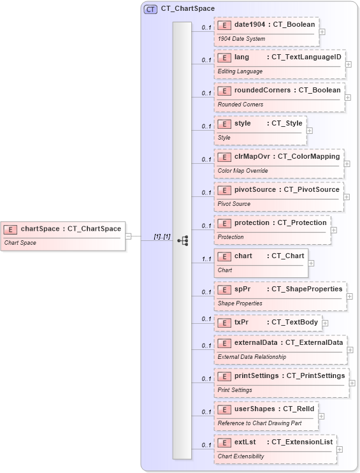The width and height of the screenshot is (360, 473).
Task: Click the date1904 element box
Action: pos(266,31)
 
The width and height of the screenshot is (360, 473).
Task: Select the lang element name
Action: pos(241,57)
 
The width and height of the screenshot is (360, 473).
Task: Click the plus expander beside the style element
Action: pos(310,130)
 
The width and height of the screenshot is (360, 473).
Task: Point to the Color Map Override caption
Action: pos(243,171)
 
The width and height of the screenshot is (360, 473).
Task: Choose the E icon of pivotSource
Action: pos(224,190)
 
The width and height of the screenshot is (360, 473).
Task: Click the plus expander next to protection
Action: pos(334,229)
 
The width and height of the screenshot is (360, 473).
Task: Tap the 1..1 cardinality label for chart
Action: pos(206,259)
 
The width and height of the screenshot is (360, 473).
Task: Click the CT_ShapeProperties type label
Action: pos(307,289)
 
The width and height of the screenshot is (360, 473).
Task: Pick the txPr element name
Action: pos(241,323)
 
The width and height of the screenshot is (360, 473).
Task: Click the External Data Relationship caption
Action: pos(252,357)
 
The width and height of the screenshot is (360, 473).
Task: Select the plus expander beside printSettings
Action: pos(352,382)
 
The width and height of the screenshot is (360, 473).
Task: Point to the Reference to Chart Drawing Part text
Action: pos(259,423)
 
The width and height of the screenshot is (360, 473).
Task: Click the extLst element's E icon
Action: pos(224,442)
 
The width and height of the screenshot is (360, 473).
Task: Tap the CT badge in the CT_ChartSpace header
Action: pos(150,10)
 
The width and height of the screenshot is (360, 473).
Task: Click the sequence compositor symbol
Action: pos(182,240)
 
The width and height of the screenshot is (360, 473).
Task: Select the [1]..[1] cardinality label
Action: pos(162,237)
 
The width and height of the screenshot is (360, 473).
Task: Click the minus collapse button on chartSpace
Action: pos(129,235)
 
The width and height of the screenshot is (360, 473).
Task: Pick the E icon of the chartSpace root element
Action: pos(10,229)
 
